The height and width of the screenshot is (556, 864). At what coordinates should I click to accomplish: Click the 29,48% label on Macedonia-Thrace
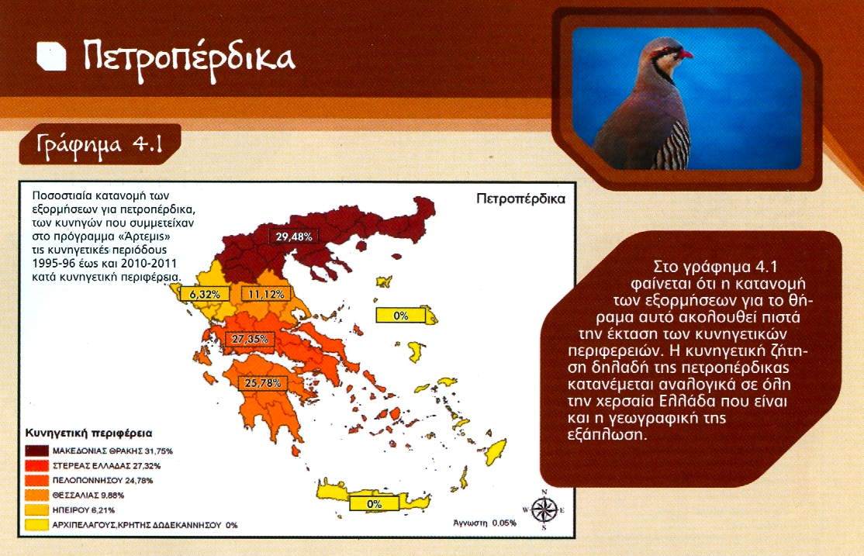(294, 237)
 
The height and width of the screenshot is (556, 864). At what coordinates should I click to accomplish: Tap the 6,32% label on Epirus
(205, 294)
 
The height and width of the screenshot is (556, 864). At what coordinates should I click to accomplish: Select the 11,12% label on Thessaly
(266, 294)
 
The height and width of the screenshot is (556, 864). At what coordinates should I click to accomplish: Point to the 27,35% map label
(250, 339)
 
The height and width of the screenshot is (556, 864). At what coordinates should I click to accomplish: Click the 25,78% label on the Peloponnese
(262, 382)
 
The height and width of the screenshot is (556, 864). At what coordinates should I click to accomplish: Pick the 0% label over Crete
(374, 503)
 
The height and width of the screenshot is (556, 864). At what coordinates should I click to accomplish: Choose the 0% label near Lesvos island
(401, 315)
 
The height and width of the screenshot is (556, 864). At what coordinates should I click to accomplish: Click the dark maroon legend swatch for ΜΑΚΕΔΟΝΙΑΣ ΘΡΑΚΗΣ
(37, 451)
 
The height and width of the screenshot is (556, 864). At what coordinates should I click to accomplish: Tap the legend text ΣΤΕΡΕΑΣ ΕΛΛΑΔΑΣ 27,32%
(106, 465)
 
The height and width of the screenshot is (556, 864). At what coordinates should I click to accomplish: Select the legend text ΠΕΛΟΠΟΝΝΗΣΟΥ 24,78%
(102, 481)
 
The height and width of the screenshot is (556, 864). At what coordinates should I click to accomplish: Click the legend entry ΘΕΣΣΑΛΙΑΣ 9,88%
(88, 496)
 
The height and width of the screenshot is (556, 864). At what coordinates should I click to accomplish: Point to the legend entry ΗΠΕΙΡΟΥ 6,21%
(84, 510)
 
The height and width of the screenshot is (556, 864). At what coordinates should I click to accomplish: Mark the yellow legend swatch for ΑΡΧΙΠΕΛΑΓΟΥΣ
(37, 524)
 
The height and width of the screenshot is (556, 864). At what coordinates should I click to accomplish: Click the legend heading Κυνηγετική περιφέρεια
(88, 433)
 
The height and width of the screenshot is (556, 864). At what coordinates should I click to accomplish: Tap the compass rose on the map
(544, 509)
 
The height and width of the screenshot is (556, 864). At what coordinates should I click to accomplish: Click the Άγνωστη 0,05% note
(484, 523)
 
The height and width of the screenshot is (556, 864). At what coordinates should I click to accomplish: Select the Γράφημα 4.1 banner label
(100, 144)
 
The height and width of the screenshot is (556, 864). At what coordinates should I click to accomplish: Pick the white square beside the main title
(51, 57)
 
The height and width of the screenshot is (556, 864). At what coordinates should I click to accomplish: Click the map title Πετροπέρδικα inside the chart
(520, 199)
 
